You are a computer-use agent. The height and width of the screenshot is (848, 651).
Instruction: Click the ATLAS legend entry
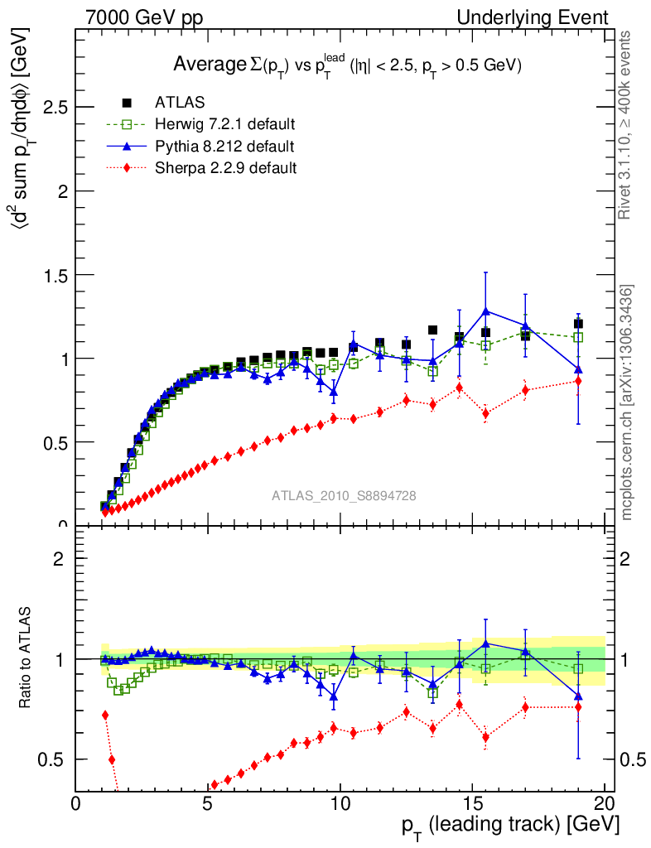pyautogui.click(x=180, y=103)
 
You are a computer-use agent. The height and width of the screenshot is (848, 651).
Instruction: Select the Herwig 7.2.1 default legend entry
pyautogui.click(x=224, y=125)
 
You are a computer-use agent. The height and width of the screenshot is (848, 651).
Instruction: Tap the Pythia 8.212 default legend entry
pyautogui.click(x=224, y=147)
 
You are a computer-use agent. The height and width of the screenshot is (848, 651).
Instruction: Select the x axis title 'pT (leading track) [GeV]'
pyautogui.click(x=510, y=826)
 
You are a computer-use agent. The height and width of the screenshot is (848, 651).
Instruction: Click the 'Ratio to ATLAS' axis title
pyautogui.click(x=26, y=658)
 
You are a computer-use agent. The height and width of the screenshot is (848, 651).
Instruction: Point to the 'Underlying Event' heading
pyautogui.click(x=544, y=17)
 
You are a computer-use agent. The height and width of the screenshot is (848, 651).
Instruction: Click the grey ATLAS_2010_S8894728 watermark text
pyautogui.click(x=344, y=496)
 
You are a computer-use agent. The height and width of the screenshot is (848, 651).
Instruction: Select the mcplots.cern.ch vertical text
pyautogui.click(x=627, y=402)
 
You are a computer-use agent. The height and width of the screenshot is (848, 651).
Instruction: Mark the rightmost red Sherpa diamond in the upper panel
pyautogui.click(x=578, y=381)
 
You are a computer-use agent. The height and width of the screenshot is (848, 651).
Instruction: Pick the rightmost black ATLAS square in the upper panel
pyautogui.click(x=578, y=324)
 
